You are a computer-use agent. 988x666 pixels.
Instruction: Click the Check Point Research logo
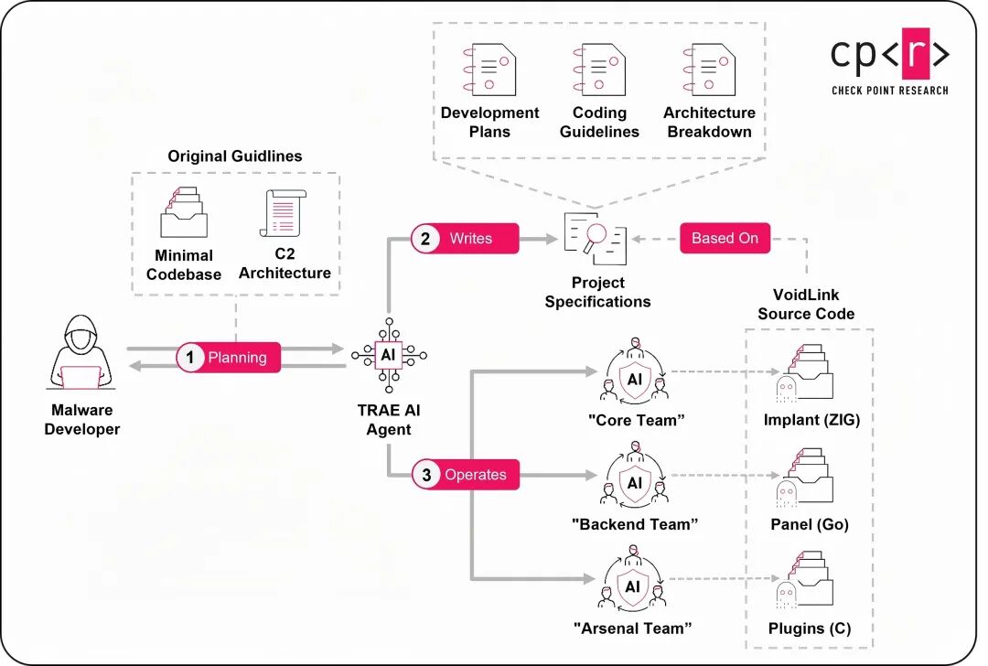[889, 63]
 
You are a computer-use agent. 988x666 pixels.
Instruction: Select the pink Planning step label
[228, 358]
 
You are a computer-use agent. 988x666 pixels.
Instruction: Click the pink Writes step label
[464, 239]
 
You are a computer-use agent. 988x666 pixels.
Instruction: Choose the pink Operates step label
[465, 475]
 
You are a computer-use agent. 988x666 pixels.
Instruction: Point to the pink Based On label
[725, 239]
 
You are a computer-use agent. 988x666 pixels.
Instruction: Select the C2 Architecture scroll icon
[284, 214]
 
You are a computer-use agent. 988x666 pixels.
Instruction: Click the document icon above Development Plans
[489, 70]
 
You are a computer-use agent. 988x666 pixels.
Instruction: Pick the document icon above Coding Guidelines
[599, 70]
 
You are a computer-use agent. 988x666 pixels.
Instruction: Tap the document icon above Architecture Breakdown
[709, 70]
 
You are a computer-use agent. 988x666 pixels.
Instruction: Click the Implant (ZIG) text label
[811, 421]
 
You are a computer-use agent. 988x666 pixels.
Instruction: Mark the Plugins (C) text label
[810, 628]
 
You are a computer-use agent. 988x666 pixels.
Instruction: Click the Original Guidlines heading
[235, 156]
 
